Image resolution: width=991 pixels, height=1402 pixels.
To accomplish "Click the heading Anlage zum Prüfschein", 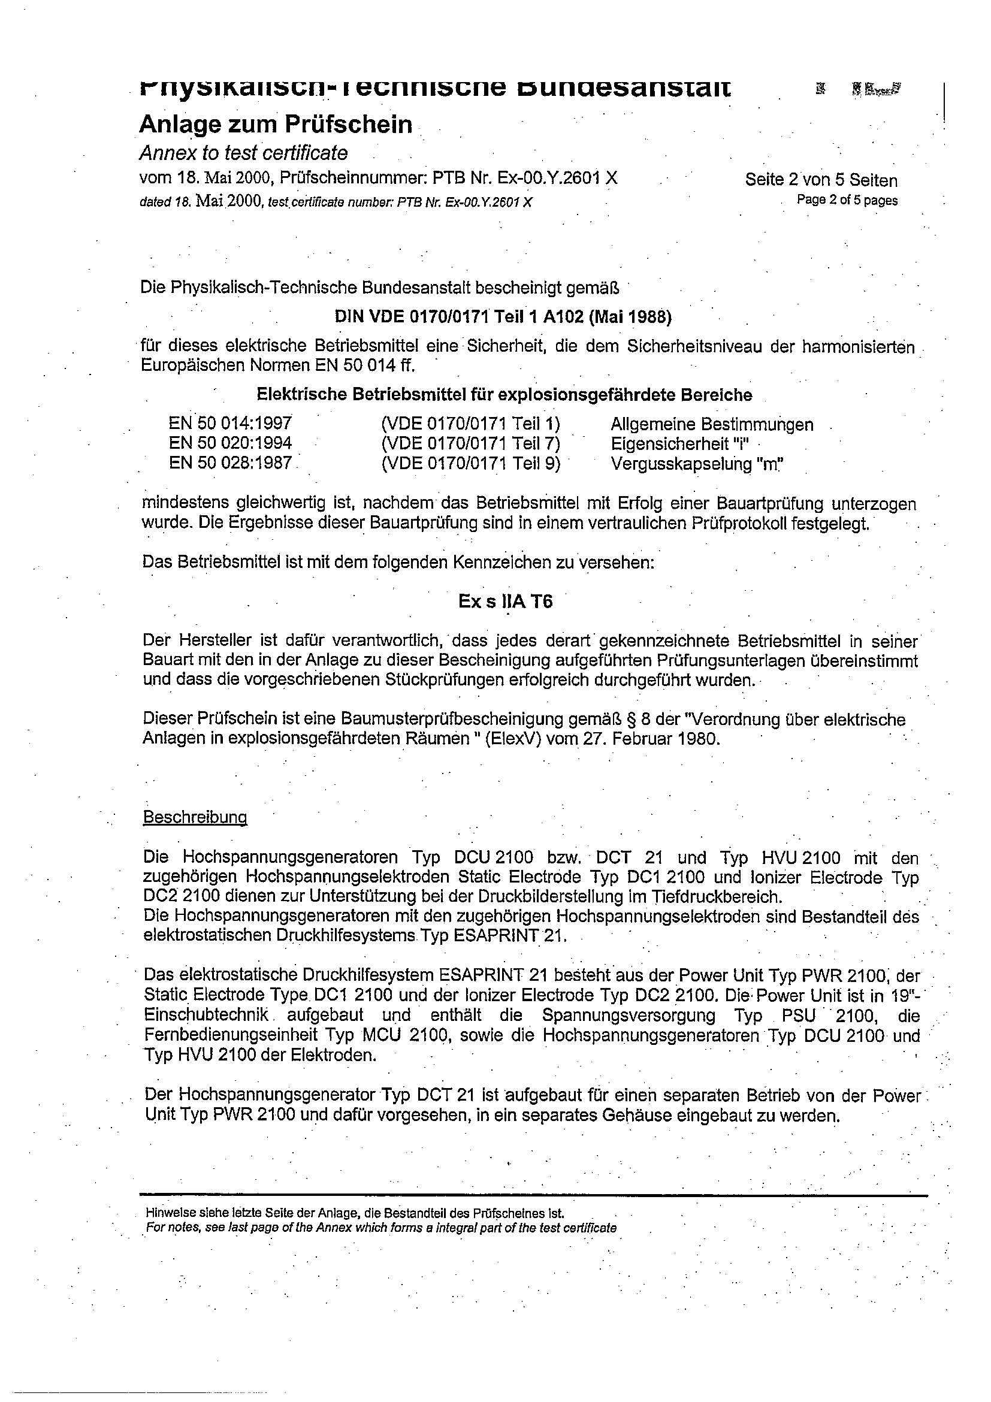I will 276,125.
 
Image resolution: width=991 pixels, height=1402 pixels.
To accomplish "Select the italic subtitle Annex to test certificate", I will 244,153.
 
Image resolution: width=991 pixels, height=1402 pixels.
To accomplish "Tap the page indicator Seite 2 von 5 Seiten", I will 821,180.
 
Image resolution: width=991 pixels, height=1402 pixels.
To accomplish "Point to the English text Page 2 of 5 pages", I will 847,200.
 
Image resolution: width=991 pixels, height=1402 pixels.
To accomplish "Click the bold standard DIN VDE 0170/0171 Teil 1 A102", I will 503,317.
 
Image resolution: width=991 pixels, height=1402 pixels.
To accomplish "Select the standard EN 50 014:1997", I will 230,423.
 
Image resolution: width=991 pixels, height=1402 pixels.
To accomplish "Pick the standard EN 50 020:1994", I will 230,443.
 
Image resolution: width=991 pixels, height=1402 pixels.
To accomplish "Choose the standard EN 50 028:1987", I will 230,463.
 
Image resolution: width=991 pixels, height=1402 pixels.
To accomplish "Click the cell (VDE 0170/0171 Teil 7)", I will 470,443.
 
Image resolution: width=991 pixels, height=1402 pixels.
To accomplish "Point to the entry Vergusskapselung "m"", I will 697,464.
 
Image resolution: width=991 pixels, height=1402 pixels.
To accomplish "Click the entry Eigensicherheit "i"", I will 679,443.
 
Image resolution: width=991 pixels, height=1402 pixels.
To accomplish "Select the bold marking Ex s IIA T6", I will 506,602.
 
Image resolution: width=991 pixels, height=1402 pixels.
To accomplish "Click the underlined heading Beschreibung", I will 195,817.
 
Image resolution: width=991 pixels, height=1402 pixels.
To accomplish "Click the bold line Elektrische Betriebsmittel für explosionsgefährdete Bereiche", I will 504,394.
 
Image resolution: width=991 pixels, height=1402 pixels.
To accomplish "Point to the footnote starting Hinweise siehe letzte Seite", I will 354,1213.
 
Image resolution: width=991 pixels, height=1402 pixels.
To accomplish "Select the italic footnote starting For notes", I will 380,1228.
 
